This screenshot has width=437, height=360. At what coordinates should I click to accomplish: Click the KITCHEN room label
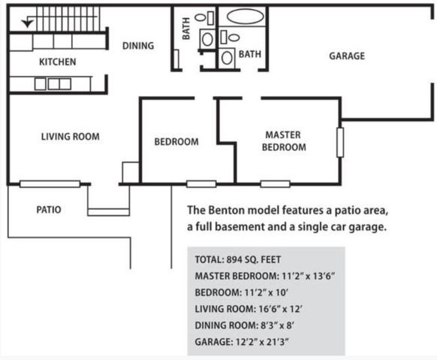[57, 62]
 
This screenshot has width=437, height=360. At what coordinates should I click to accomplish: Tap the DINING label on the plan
[138, 46]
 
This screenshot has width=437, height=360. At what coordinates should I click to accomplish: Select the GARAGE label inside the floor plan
[347, 56]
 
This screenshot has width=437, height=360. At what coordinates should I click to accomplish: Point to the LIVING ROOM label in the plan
[71, 137]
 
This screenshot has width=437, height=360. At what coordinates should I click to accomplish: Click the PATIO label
[49, 210]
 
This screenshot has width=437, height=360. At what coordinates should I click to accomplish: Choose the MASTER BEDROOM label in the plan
[284, 141]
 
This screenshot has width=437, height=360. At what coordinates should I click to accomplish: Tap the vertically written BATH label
[186, 29]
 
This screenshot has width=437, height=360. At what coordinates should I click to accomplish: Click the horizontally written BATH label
[250, 54]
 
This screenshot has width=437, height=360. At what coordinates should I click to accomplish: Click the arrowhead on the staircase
[27, 23]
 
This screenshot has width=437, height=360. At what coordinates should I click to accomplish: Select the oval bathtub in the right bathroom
[246, 17]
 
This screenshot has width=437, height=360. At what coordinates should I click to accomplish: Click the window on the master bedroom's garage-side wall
[340, 143]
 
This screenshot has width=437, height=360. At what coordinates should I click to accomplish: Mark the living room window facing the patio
[50, 184]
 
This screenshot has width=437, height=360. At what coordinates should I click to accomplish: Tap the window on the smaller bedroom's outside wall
[201, 184]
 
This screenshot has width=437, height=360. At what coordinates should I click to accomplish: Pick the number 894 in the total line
[234, 259]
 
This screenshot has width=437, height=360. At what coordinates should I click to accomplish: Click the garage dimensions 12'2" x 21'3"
[261, 342]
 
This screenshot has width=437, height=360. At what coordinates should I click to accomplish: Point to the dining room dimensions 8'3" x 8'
[277, 325]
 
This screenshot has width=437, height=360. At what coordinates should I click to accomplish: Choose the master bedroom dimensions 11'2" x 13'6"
[308, 276]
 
